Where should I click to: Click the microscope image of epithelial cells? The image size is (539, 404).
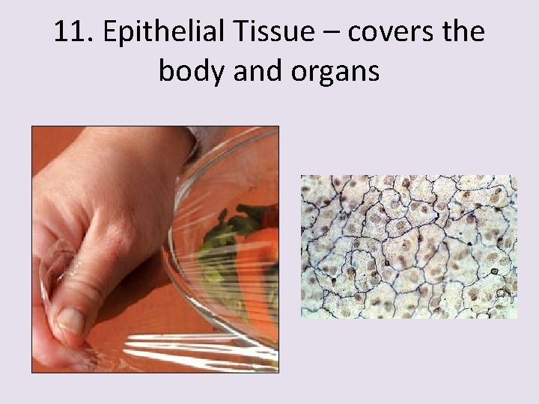pyautogui.click(x=409, y=247)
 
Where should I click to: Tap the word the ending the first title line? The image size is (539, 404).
pyautogui.click(x=461, y=32)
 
